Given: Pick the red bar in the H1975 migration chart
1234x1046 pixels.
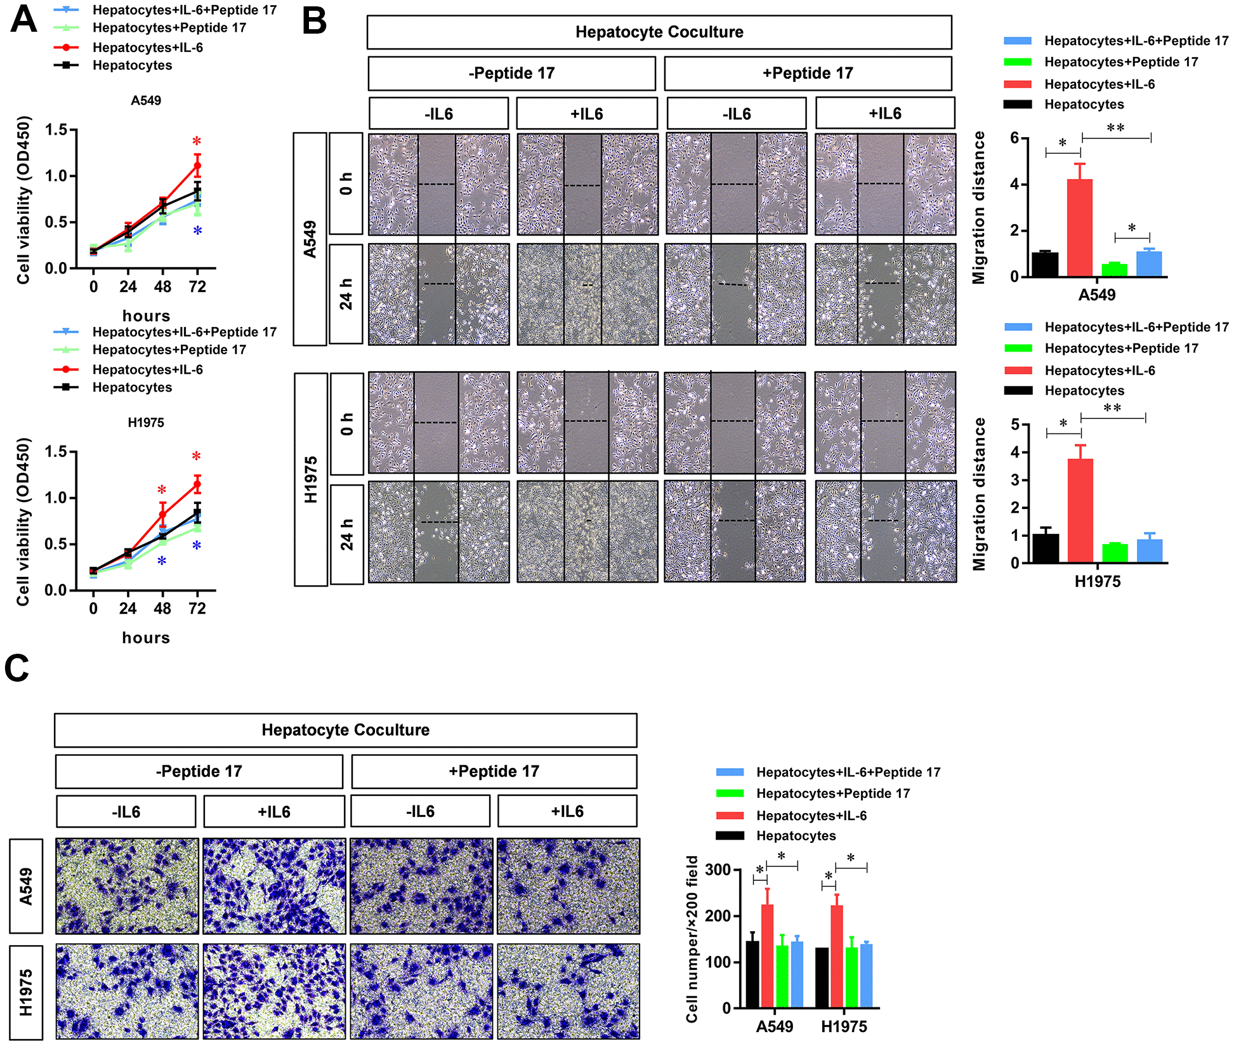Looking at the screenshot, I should [1080, 510].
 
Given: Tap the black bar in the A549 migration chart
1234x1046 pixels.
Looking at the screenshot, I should [1044, 264].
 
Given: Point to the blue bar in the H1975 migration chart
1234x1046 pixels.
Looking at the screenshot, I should [1149, 551].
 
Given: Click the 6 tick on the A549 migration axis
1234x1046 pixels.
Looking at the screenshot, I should [1014, 138].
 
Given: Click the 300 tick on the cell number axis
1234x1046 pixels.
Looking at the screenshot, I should [718, 870].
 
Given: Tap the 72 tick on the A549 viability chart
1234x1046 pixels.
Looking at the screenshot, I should [197, 287].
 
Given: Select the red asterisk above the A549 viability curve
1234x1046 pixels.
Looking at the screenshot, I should [197, 142].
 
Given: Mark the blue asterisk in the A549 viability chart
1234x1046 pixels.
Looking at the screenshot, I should [197, 231].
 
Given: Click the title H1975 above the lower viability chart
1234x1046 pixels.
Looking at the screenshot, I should [146, 423].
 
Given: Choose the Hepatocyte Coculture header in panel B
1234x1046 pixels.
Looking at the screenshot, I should [659, 32].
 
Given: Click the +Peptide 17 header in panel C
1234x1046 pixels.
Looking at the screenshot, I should [494, 771].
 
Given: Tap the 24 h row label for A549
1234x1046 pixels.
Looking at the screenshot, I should [346, 293].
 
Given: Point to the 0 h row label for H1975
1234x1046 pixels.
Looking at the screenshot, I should [346, 424].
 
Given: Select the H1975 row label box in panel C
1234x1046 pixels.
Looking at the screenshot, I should [26, 992].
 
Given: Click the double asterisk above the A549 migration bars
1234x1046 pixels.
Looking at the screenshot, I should [1115, 128].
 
